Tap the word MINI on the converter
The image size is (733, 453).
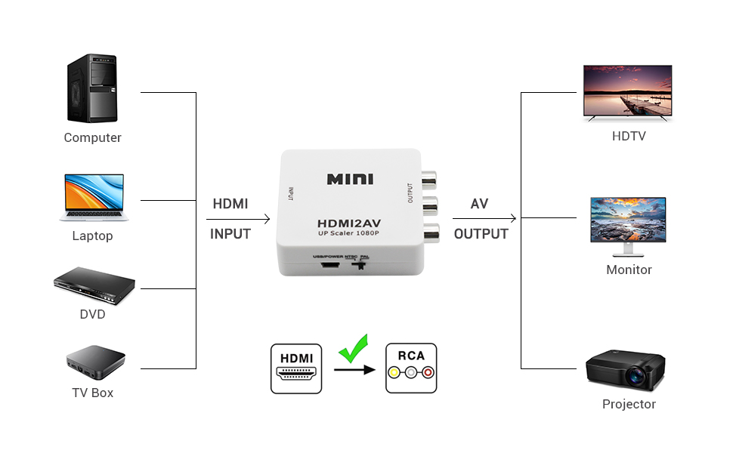pyautogui.click(x=350, y=179)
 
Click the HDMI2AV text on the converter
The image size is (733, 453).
pyautogui.click(x=349, y=225)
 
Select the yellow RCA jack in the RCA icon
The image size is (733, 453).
pyautogui.click(x=393, y=372)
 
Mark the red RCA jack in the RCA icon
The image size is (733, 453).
pyautogui.click(x=428, y=372)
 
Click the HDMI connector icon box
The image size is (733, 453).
pyautogui.click(x=296, y=368)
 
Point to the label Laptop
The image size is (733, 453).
pyautogui.click(x=92, y=236)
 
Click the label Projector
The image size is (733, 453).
pyautogui.click(x=629, y=404)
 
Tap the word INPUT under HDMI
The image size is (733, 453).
pyautogui.click(x=230, y=234)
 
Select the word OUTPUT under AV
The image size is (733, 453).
pyautogui.click(x=481, y=234)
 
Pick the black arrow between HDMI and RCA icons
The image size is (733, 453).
pyautogui.click(x=354, y=370)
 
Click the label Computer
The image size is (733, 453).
pyautogui.click(x=92, y=137)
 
